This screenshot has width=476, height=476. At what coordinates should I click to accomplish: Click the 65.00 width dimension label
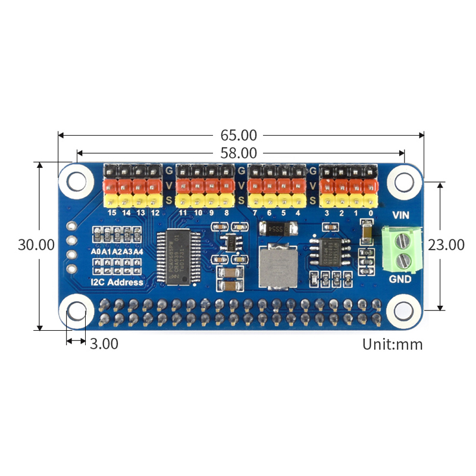[238, 135]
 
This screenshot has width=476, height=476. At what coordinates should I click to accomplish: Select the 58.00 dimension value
[238, 153]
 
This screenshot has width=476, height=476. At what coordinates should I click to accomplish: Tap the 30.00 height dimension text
[36, 245]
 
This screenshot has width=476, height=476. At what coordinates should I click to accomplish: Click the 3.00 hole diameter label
[104, 343]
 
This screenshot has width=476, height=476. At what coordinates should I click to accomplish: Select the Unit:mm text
[392, 344]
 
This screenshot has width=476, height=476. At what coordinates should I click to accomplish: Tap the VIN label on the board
[402, 215]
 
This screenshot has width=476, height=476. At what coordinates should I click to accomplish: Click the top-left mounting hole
[77, 180]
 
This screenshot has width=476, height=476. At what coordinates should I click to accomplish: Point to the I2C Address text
[117, 281]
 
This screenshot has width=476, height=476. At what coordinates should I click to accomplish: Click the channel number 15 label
[111, 212]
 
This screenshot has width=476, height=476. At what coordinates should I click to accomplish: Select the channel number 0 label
[370, 212]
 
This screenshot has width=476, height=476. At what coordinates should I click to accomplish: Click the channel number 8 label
[226, 212]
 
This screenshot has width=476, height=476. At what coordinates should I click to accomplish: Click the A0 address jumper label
[96, 252]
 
